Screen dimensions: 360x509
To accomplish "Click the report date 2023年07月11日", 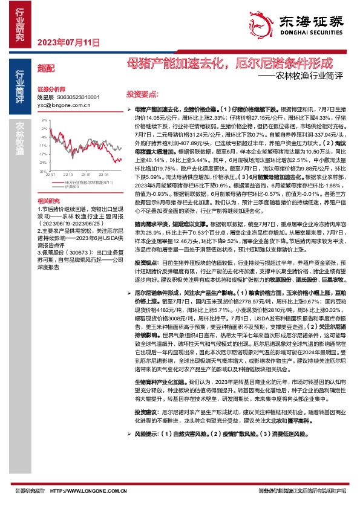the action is tap(68, 42).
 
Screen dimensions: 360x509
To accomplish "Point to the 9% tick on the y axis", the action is tap(45, 120).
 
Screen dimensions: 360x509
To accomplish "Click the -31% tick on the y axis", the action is tap(44, 171).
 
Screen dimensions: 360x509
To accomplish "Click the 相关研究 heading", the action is tap(49, 200).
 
